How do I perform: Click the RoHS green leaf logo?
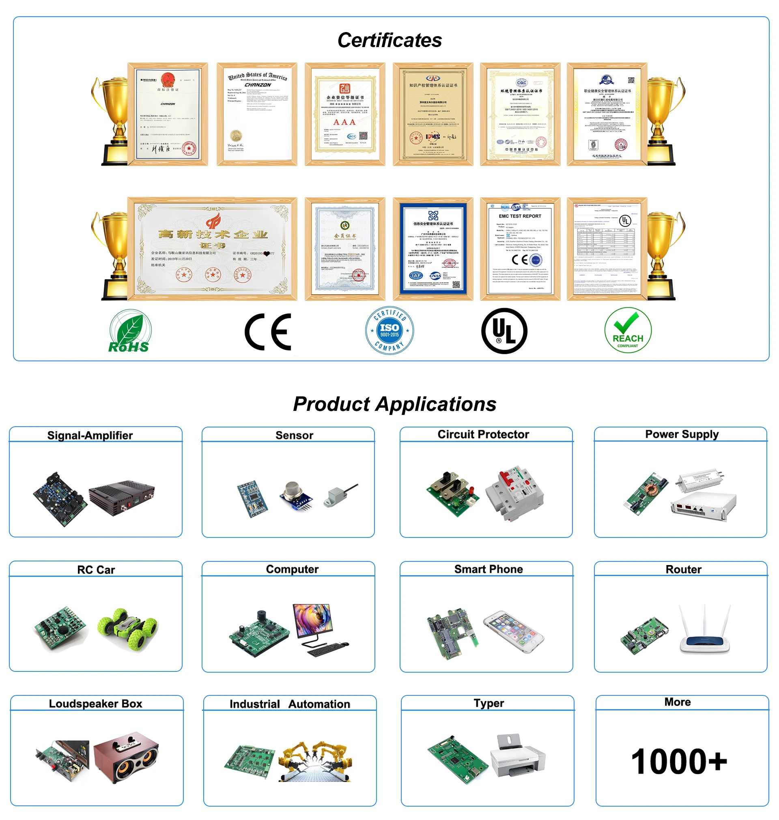(x=129, y=331)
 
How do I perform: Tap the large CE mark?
(x=268, y=332)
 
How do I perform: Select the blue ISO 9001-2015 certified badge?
(x=389, y=331)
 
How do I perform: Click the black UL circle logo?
(x=504, y=331)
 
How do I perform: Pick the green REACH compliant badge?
(x=627, y=330)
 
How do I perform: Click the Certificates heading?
(x=389, y=40)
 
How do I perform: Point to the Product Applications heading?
(x=394, y=404)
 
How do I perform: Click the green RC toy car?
(x=127, y=629)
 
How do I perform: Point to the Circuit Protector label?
(x=483, y=434)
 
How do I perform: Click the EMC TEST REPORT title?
(x=520, y=216)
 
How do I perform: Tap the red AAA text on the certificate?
(x=344, y=122)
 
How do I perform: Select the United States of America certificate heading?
(x=257, y=76)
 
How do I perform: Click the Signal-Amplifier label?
(x=90, y=435)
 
